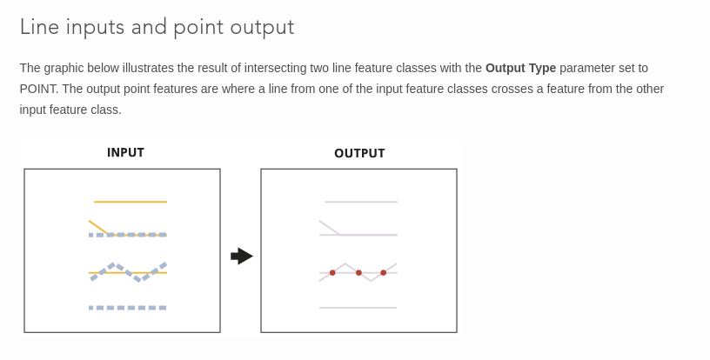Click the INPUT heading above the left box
click(125, 152)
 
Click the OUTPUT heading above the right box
click(359, 153)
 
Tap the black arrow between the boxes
click(242, 257)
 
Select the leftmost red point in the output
click(332, 273)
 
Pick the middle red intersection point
click(358, 273)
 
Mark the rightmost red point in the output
click(384, 273)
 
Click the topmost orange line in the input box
click(131, 202)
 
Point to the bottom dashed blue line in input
click(128, 308)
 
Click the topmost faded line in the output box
click(361, 202)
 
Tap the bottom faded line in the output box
click(358, 308)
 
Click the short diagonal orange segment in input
click(98, 228)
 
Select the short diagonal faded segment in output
click(329, 228)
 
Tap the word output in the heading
click(262, 28)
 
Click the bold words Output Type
click(520, 68)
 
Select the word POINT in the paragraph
click(38, 89)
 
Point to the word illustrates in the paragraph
click(148, 68)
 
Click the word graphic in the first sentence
click(64, 69)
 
